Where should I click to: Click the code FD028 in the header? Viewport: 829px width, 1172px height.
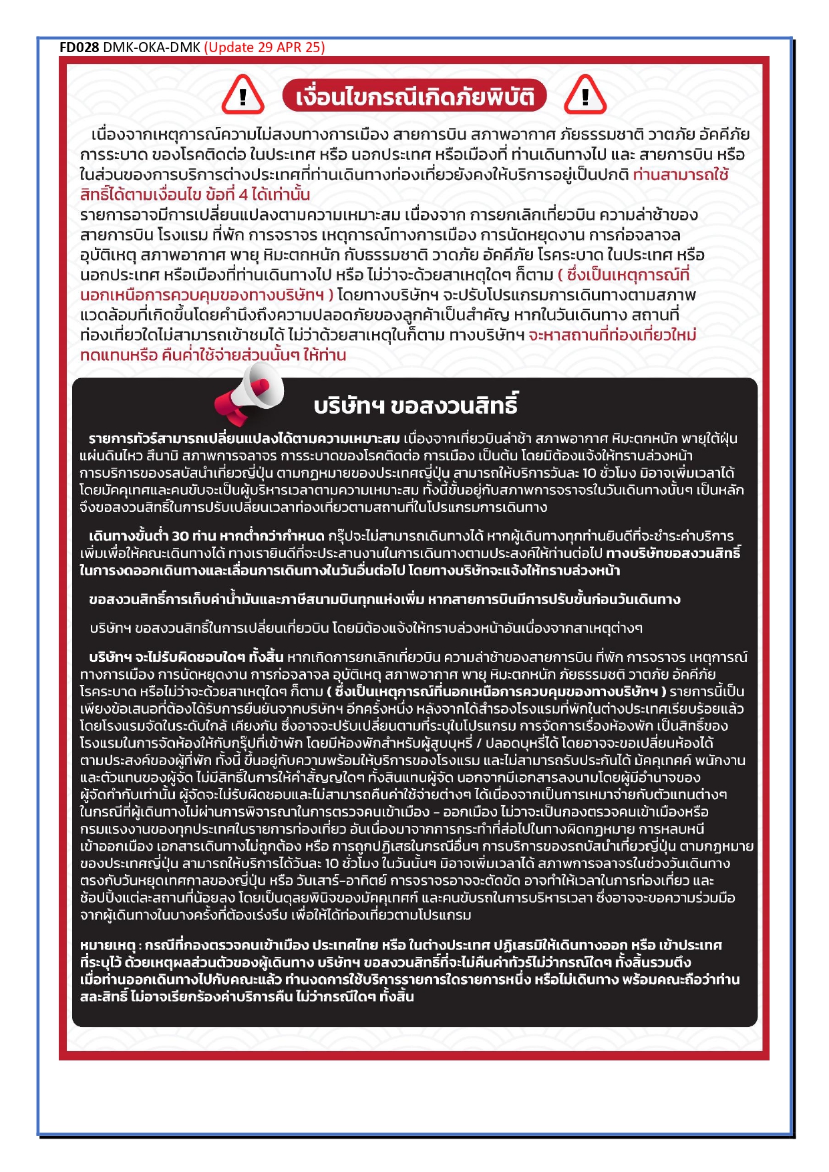tap(79, 47)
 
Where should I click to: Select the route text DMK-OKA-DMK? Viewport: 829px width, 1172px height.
tap(152, 47)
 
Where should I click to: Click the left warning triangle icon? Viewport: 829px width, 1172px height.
tap(242, 96)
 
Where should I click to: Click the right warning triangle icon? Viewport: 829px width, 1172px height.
tap(585, 96)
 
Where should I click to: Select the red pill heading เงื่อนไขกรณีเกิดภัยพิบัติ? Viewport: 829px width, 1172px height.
tap(414, 97)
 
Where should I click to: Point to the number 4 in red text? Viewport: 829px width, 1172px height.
tap(243, 195)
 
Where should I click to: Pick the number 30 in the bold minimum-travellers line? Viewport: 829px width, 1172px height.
tap(180, 537)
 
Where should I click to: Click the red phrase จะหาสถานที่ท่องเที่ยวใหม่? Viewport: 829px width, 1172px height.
tap(612, 335)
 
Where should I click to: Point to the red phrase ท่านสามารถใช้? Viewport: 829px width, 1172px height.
tap(680, 175)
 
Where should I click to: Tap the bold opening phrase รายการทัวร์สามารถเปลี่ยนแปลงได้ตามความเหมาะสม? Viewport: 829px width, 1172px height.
tap(244, 439)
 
